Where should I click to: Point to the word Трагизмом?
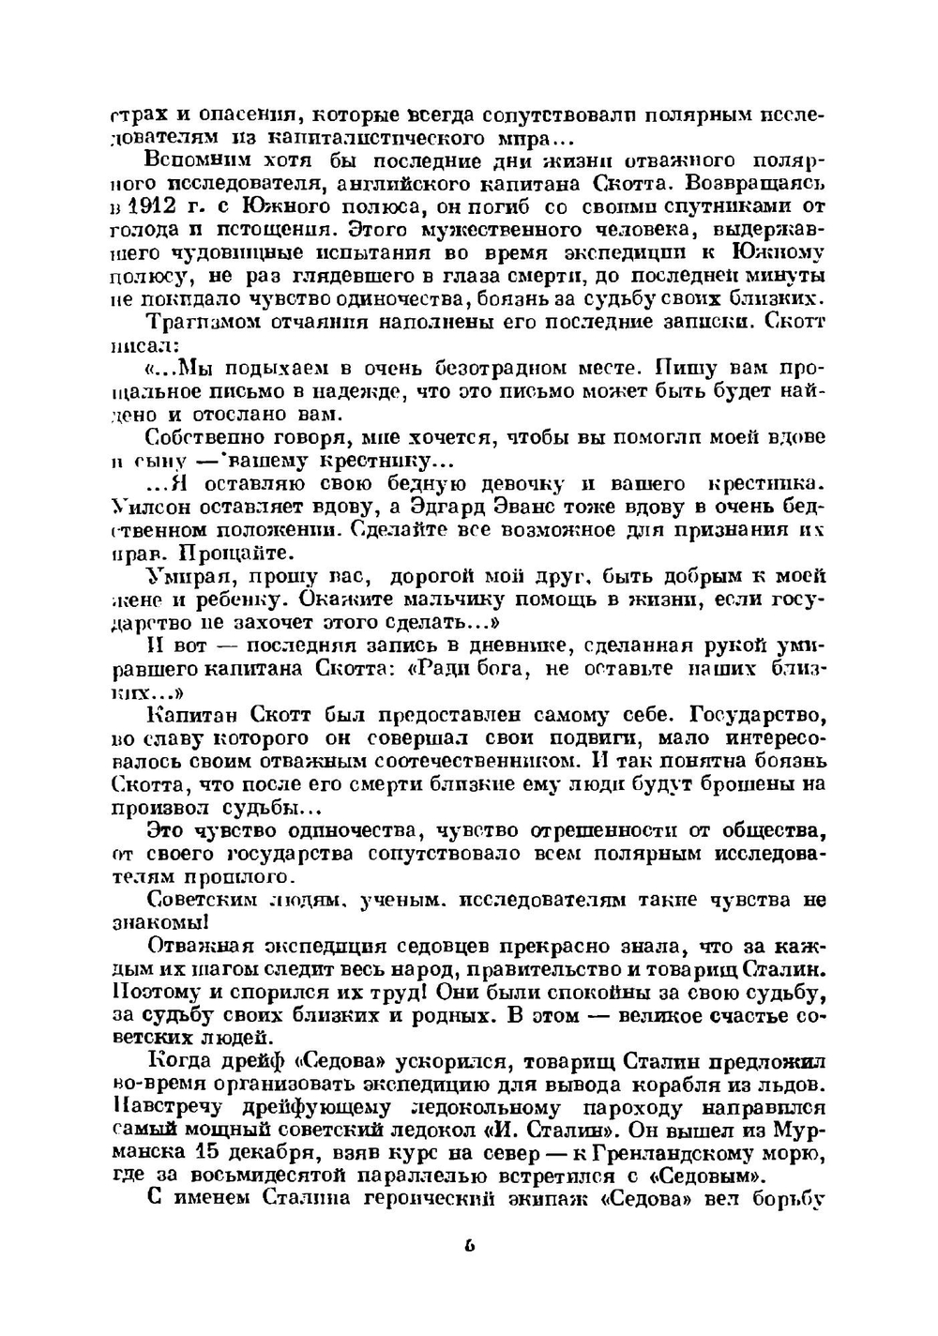tap(199, 322)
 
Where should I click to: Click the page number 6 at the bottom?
tap(469, 1247)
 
